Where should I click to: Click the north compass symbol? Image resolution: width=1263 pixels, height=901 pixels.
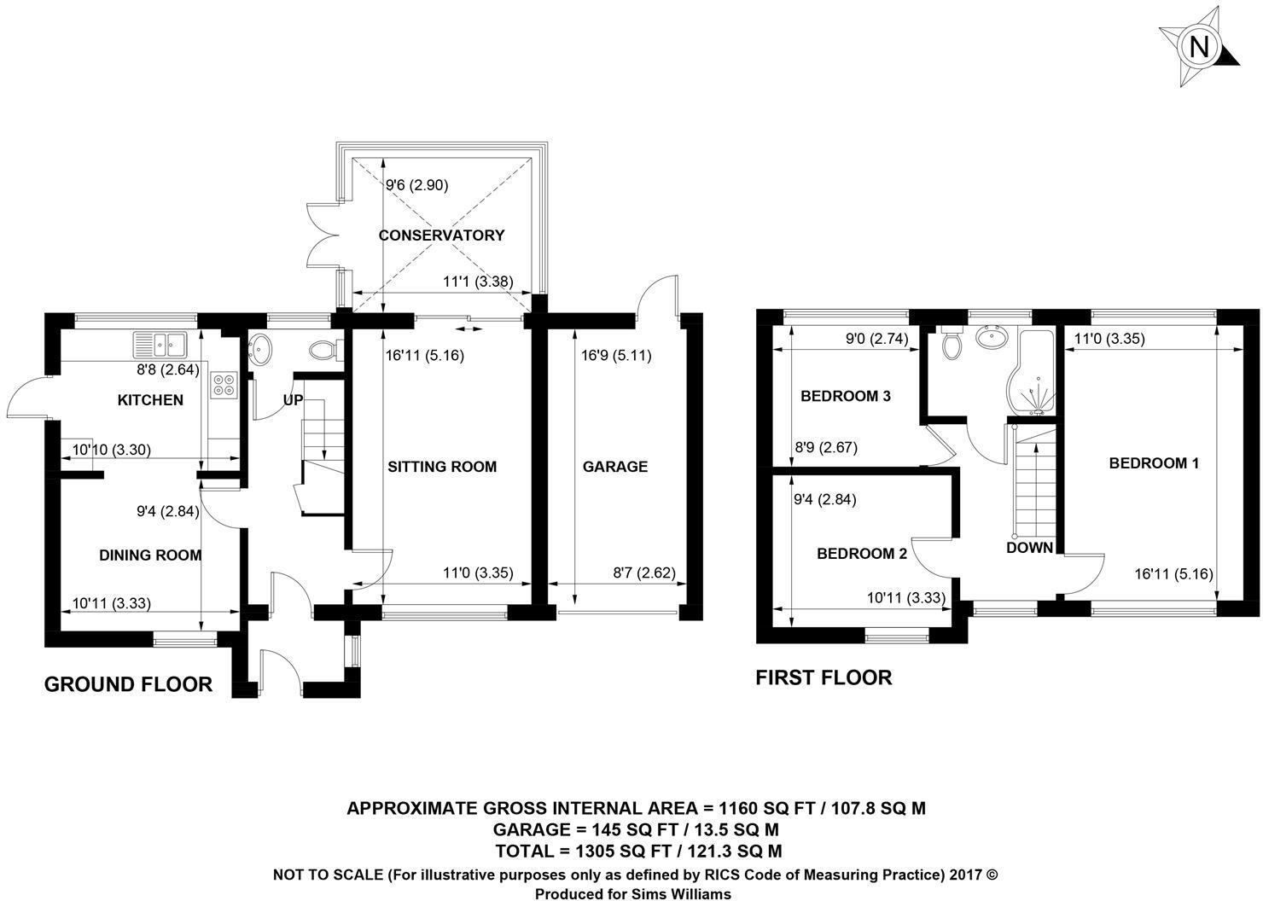[1198, 47]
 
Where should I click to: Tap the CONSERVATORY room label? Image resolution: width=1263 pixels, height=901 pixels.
[441, 235]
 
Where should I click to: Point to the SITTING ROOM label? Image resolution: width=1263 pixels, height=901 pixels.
[441, 467]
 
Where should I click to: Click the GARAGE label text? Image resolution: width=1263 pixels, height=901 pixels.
[614, 467]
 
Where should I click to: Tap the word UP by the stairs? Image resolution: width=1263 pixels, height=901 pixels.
[293, 400]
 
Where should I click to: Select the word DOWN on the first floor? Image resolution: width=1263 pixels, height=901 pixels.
[1029, 548]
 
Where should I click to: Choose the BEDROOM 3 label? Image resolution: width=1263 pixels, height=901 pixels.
[845, 396]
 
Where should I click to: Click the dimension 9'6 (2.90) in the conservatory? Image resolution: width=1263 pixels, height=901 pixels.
[416, 185]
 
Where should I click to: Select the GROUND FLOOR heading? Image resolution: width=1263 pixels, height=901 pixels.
[128, 684]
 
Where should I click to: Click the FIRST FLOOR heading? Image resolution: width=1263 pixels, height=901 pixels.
[824, 677]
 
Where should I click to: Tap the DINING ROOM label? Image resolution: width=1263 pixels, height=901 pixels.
[150, 555]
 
